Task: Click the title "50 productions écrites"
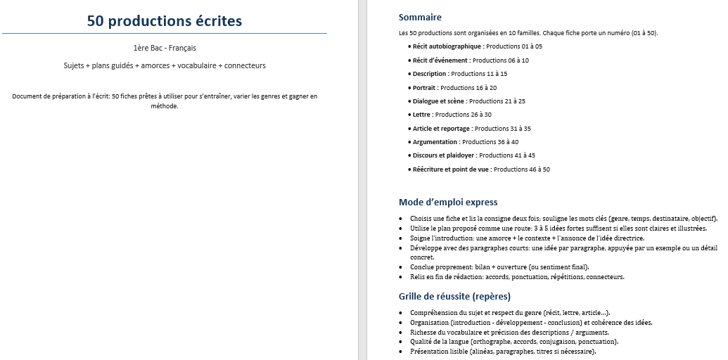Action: pyautogui.click(x=164, y=21)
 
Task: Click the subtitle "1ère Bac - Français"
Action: pyautogui.click(x=164, y=48)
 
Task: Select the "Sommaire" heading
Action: pyautogui.click(x=420, y=17)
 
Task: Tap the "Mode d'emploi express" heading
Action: pyautogui.click(x=448, y=202)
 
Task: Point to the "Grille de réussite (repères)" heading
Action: pyautogui.click(x=454, y=296)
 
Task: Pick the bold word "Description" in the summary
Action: pyautogui.click(x=429, y=74)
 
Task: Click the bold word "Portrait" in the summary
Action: pyautogui.click(x=424, y=88)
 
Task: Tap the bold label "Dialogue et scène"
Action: pyautogui.click(x=438, y=101)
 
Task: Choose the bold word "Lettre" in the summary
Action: pyautogui.click(x=421, y=115)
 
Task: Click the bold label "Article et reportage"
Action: pyautogui.click(x=442, y=129)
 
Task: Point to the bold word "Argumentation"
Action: pyautogui.click(x=435, y=142)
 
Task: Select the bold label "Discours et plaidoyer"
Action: pyautogui.click(x=443, y=155)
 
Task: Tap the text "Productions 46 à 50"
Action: pyautogui.click(x=522, y=169)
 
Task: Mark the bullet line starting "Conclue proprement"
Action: pyautogui.click(x=499, y=267)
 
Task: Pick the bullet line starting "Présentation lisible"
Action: pyautogui.click(x=503, y=351)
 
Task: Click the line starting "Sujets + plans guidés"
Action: pyautogui.click(x=165, y=65)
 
